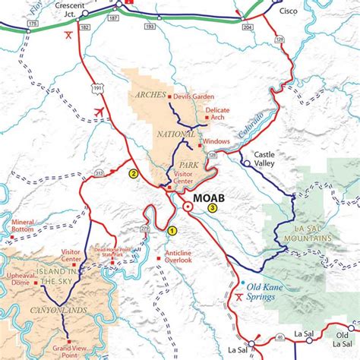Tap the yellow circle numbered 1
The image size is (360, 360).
pyautogui.click(x=172, y=231)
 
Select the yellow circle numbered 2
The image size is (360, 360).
pyautogui.click(x=133, y=173)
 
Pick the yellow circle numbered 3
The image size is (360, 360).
pyautogui.click(x=212, y=208)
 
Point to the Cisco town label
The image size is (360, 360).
pyautogui.click(x=289, y=11)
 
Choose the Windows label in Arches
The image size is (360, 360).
pyautogui.click(x=216, y=141)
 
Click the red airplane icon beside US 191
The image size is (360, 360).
pyautogui.click(x=98, y=112)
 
